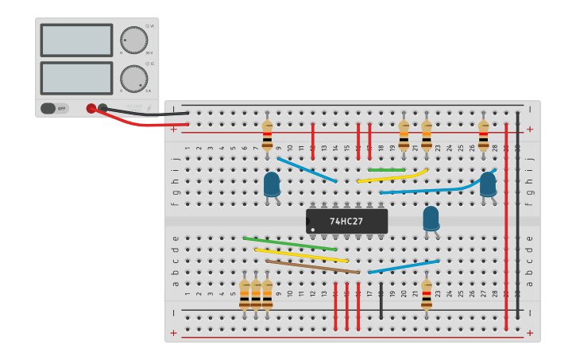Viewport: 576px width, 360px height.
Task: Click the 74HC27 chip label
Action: pyautogui.click(x=346, y=221)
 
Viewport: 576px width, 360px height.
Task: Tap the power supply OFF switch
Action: pyautogui.click(x=55, y=108)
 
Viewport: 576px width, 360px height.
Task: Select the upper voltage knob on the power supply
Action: pyautogui.click(x=133, y=40)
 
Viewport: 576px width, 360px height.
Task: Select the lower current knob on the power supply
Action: pyautogui.click(x=133, y=79)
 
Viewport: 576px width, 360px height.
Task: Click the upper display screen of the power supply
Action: pyautogui.click(x=76, y=40)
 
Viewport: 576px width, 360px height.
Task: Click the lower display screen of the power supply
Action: pyautogui.click(x=76, y=78)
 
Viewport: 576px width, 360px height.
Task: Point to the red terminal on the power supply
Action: pyautogui.click(x=91, y=108)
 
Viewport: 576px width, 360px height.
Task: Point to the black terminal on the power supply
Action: pyautogui.click(x=102, y=107)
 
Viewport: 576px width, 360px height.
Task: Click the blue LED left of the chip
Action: pyautogui.click(x=272, y=184)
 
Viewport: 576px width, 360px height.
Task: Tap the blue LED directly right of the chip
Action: pyautogui.click(x=431, y=218)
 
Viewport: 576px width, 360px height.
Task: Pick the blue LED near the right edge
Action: pyautogui.click(x=488, y=184)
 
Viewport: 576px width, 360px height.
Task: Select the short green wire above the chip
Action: pyautogui.click(x=387, y=169)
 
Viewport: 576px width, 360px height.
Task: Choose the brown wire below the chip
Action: pyautogui.click(x=312, y=266)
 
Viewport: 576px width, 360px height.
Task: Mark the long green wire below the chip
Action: pyautogui.click(x=290, y=244)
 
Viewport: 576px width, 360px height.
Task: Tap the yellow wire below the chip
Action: pyautogui.click(x=301, y=255)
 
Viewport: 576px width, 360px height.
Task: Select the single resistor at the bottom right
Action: pyautogui.click(x=427, y=295)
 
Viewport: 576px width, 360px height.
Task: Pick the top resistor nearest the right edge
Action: pyautogui.click(x=483, y=135)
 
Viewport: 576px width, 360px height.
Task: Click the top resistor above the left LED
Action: pyautogui.click(x=267, y=135)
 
